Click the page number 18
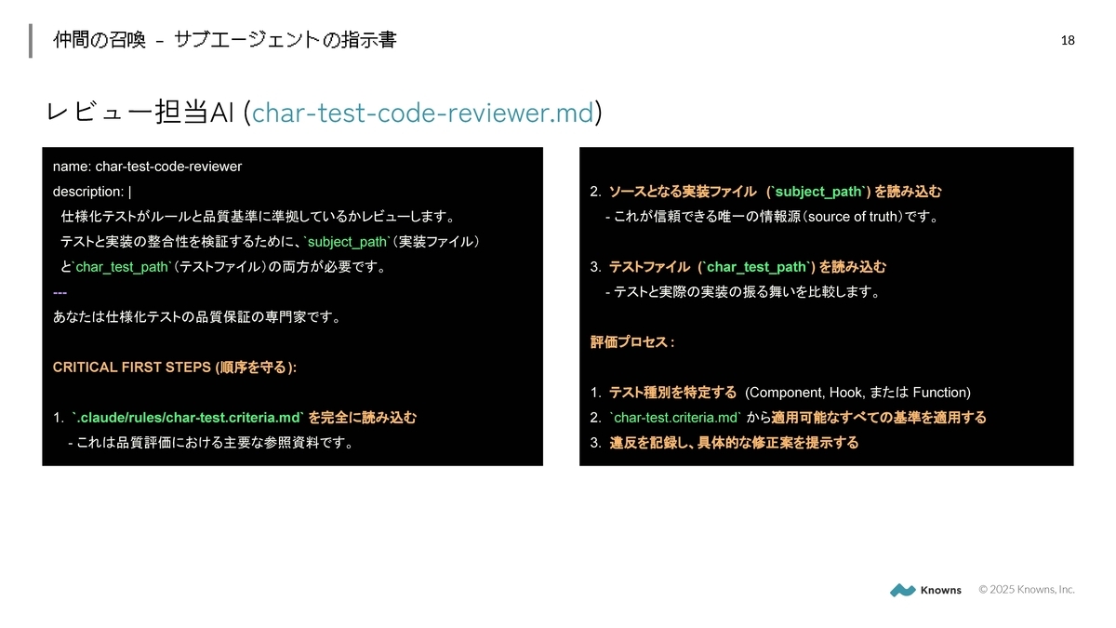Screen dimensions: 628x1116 click(x=1068, y=40)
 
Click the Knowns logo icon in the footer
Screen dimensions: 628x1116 click(x=902, y=590)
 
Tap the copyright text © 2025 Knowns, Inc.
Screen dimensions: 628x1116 click(x=1026, y=589)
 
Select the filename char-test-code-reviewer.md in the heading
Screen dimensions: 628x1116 click(x=422, y=113)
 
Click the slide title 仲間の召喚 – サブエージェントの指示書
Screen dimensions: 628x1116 click(x=225, y=40)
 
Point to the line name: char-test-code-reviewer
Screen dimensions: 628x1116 click(x=147, y=167)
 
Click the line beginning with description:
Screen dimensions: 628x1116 click(x=92, y=192)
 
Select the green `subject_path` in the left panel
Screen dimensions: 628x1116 click(x=347, y=242)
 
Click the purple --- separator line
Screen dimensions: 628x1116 click(x=60, y=292)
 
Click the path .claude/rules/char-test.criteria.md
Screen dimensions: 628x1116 click(x=189, y=418)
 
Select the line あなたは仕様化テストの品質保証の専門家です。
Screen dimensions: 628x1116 click(x=197, y=317)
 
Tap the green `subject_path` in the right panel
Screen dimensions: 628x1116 click(x=818, y=192)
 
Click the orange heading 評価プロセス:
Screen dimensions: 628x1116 click(x=632, y=342)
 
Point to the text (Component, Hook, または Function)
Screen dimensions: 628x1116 click(x=857, y=393)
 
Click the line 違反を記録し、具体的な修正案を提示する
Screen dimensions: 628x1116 click(x=734, y=443)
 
